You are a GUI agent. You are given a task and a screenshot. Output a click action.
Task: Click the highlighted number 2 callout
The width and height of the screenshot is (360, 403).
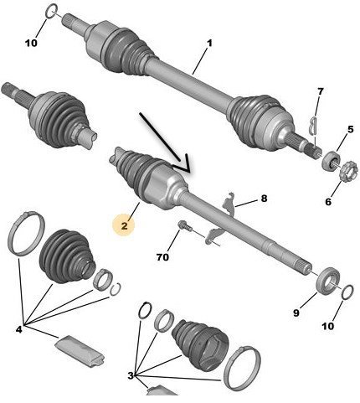[x=125, y=224]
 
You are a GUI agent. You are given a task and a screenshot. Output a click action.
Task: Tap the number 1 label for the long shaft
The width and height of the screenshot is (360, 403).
[x=209, y=43]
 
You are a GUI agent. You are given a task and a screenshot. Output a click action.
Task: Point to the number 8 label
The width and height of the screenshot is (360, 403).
[x=264, y=199]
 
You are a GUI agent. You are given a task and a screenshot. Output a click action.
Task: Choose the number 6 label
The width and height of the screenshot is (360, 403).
[x=319, y=90]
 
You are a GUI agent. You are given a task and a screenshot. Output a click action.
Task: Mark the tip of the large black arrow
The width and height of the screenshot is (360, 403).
[x=186, y=172]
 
